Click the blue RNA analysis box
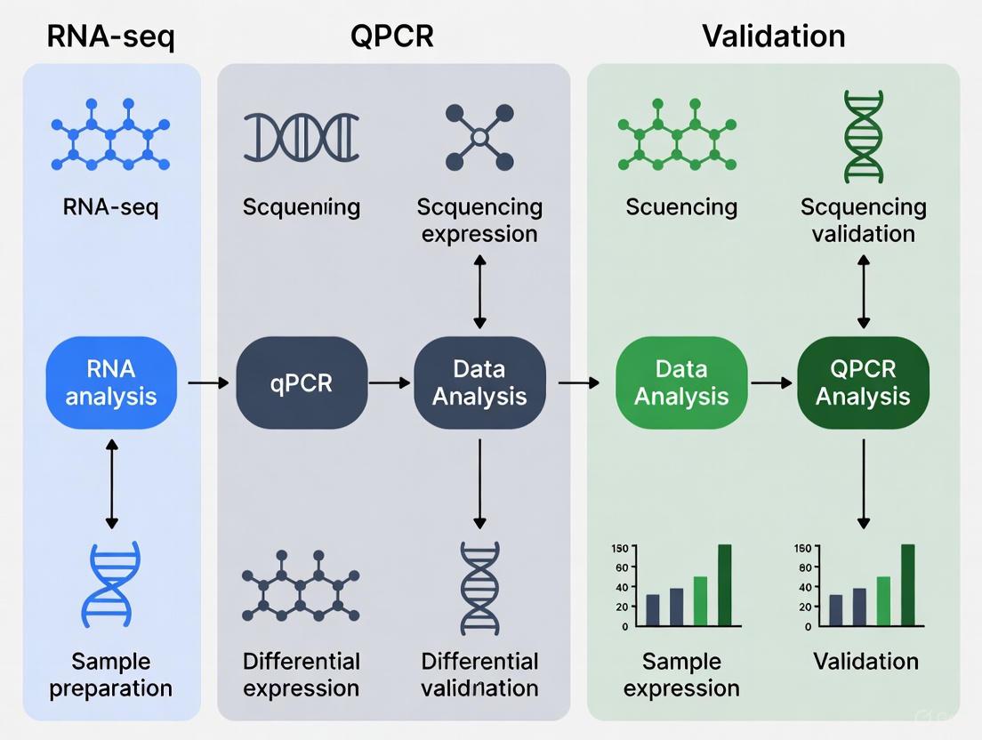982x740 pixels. click(x=111, y=382)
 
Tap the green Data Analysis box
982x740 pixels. click(x=681, y=382)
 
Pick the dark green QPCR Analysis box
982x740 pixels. click(x=863, y=382)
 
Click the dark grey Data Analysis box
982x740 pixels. click(x=479, y=382)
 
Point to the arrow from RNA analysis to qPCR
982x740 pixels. click(x=207, y=383)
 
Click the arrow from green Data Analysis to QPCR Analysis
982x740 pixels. click(x=771, y=383)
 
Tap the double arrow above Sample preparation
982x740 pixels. click(x=111, y=483)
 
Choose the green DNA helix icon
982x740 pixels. click(x=863, y=136)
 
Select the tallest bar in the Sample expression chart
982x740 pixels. click(x=724, y=585)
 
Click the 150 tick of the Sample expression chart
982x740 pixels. click(x=619, y=548)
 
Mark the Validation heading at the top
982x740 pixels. click(x=773, y=36)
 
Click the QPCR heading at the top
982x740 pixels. click(x=392, y=36)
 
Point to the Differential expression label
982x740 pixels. click(x=302, y=674)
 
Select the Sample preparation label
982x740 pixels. click(x=111, y=674)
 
